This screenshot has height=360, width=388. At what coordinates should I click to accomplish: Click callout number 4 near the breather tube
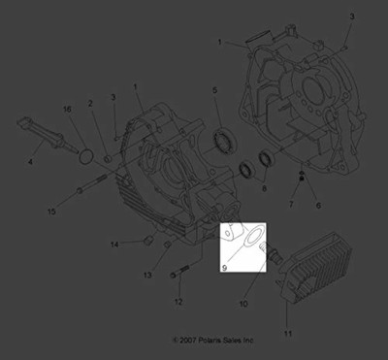[30, 162]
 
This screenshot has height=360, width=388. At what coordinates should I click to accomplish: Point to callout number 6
[316, 205]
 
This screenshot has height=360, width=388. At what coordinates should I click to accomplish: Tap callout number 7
[289, 205]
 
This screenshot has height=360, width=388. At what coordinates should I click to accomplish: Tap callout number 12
[178, 303]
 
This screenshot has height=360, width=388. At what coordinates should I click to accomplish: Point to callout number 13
[148, 276]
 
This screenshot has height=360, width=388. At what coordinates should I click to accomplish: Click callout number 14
[113, 242]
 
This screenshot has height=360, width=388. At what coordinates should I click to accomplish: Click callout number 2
[90, 103]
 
